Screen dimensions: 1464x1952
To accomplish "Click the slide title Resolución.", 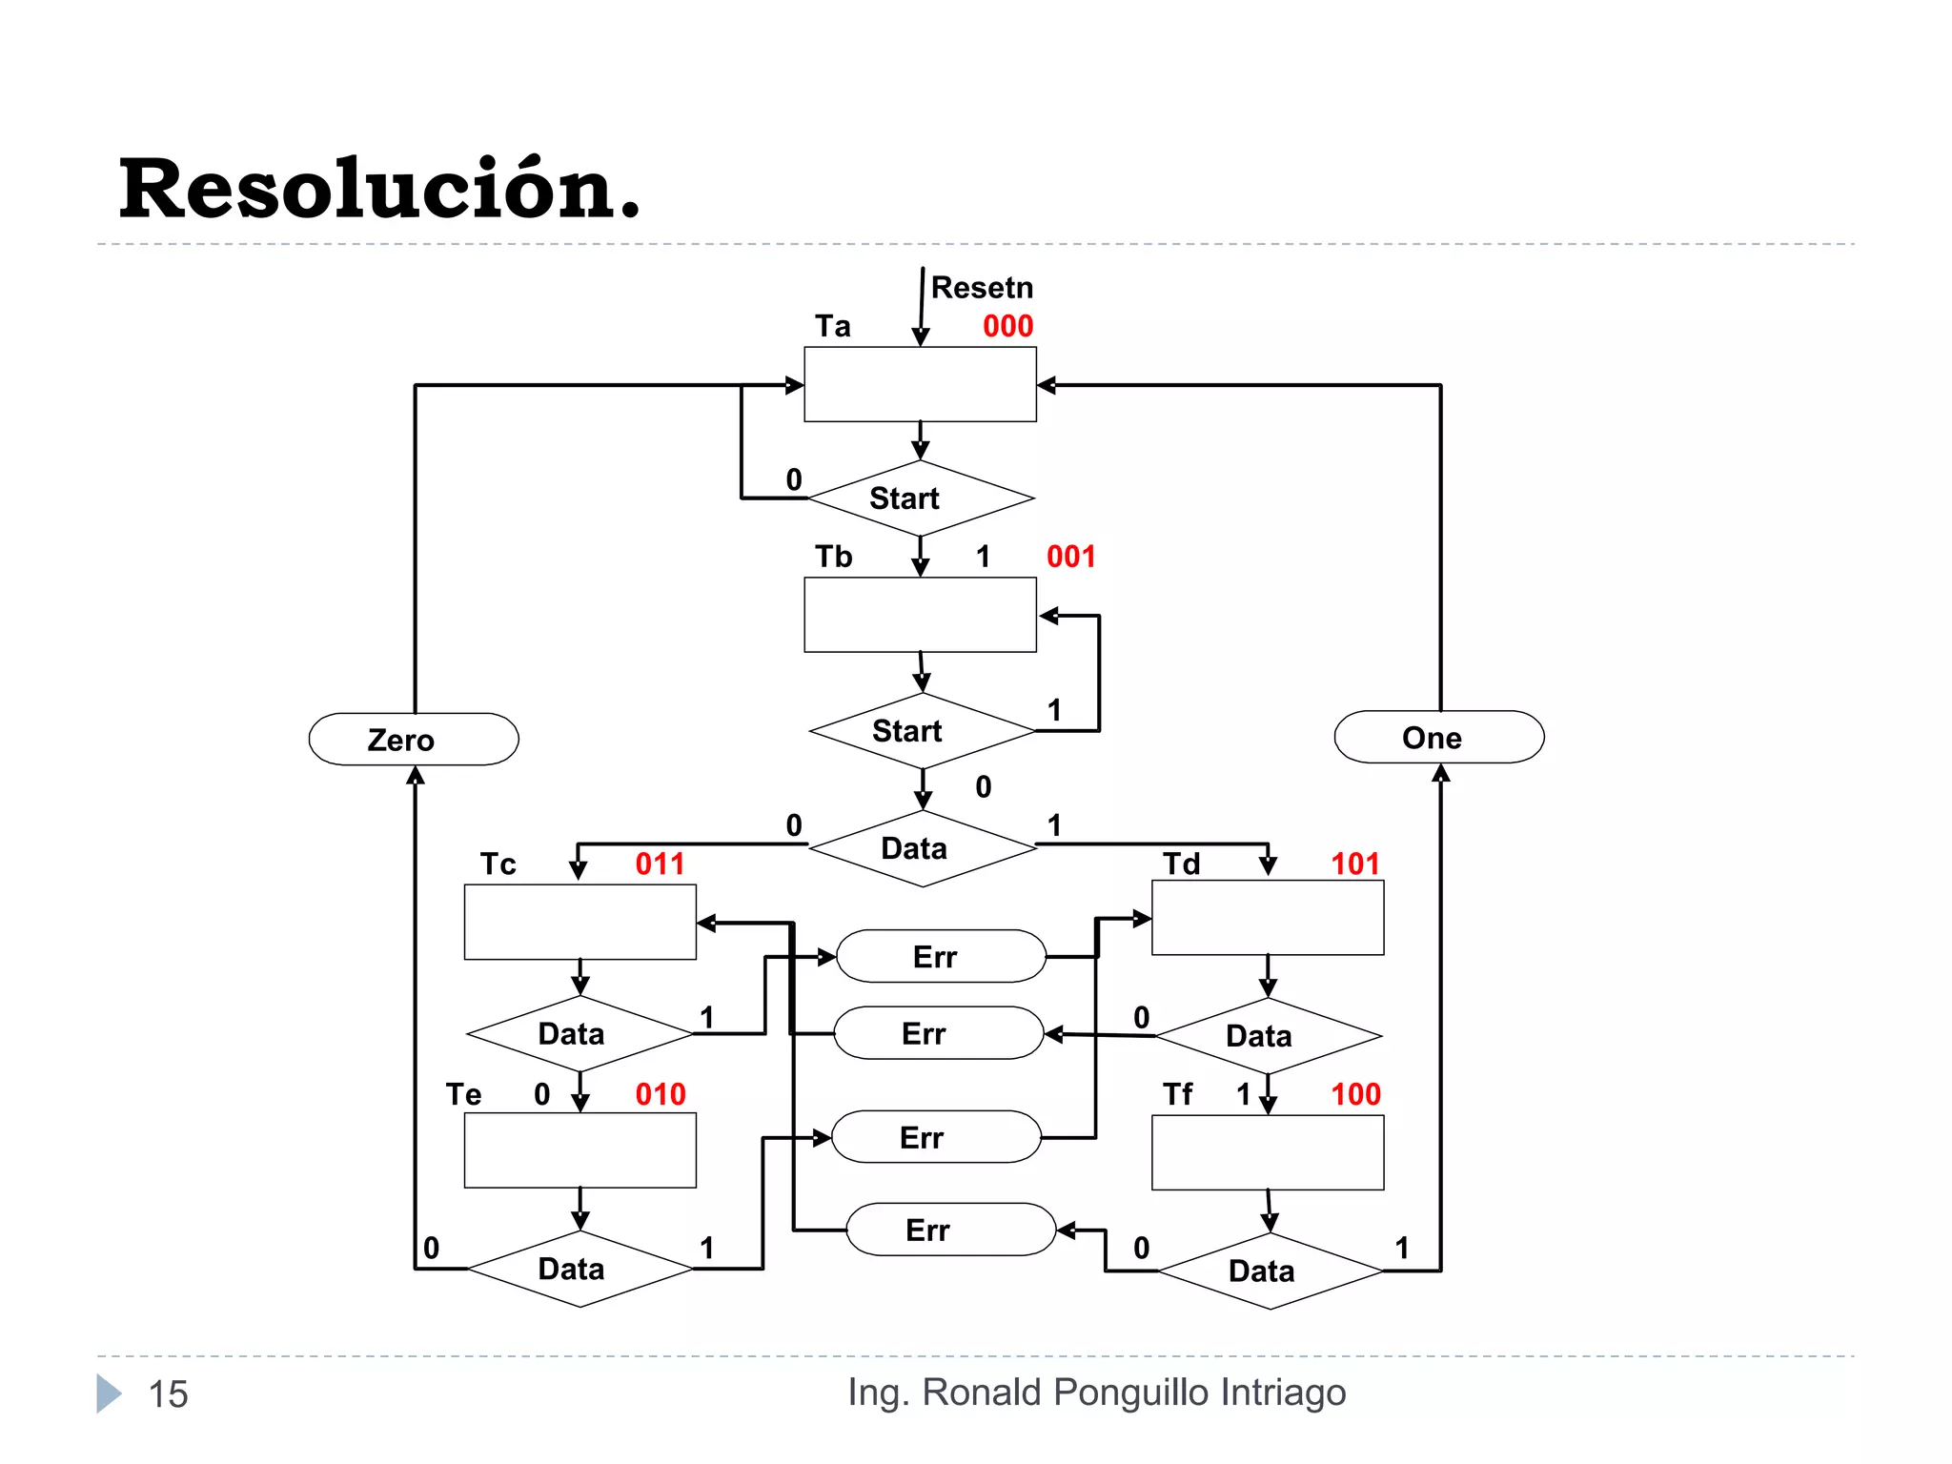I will [379, 189].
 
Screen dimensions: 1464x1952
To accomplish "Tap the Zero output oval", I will [414, 740].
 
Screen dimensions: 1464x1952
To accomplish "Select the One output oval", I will [1438, 738].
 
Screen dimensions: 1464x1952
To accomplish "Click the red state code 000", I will [1007, 326].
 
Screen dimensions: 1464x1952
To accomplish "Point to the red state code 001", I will [1070, 557].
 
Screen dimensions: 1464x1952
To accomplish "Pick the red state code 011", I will [660, 864].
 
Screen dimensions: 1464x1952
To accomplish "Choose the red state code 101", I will [1354, 864].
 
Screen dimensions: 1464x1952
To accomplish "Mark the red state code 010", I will [660, 1094].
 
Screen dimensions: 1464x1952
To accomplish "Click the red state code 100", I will [1354, 1094].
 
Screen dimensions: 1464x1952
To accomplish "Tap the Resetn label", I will [981, 287].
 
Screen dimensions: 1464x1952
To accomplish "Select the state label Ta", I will [832, 326].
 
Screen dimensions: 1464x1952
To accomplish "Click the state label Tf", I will [1177, 1094].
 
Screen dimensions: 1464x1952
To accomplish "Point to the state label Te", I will [463, 1094].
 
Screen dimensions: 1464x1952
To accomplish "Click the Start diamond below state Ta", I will [920, 498].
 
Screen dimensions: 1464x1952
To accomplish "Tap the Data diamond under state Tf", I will [1269, 1271].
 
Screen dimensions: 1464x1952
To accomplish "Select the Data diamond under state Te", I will [579, 1269].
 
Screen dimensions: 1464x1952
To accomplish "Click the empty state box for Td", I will [1268, 918].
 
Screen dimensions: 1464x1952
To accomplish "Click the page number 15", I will [168, 1394].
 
